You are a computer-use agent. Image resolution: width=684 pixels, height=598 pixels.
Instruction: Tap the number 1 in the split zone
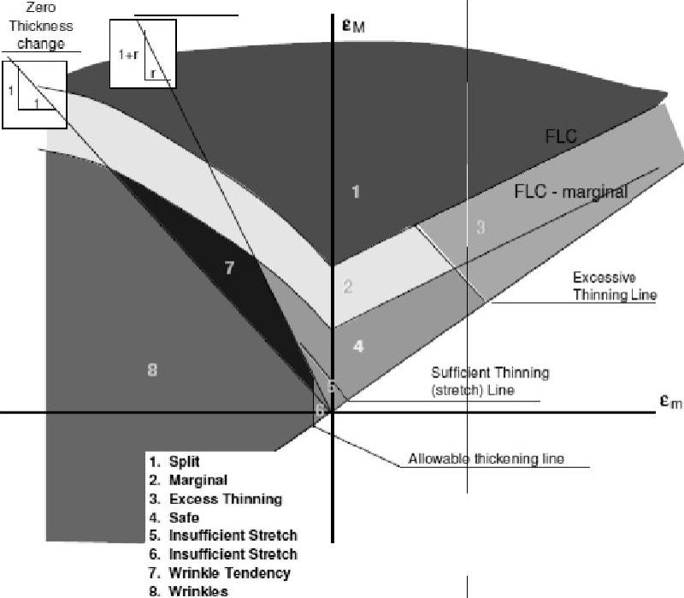pos(356,192)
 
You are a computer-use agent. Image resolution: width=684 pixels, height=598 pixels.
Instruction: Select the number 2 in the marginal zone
pos(348,287)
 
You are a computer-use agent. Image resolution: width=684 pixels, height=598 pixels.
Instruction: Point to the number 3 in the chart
pos(481,227)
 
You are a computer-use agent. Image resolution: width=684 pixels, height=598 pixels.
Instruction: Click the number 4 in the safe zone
pos(359,346)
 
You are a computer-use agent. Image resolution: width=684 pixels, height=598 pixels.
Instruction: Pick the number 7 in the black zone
pos(228,269)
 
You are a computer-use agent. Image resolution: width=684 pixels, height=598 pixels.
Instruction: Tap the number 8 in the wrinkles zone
pos(152,370)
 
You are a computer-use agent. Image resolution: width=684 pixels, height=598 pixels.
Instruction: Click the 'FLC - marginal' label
pos(570,192)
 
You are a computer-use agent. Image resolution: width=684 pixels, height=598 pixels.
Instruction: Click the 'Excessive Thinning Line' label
pos(615,287)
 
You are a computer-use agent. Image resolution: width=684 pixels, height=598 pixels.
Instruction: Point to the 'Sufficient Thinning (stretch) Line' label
pos(490,382)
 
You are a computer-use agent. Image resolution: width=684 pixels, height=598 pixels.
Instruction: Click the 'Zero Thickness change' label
pos(41,26)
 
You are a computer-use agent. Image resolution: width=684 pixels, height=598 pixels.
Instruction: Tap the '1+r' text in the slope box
pos(128,55)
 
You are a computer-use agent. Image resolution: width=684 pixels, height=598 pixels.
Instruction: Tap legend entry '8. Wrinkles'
pos(192,590)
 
